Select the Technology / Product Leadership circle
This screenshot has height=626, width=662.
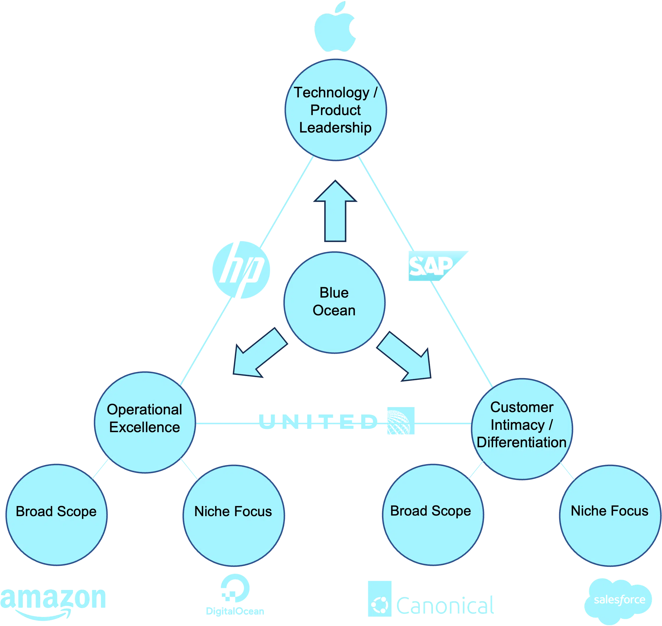click(x=336, y=110)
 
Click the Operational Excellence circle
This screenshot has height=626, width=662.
click(x=144, y=422)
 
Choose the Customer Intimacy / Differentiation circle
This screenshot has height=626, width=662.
click(x=522, y=429)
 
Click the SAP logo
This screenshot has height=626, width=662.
click(x=434, y=266)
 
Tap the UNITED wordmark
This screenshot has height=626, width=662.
click(x=319, y=422)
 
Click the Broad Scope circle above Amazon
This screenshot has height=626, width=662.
click(x=56, y=515)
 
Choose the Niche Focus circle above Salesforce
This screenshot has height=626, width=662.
click(x=610, y=515)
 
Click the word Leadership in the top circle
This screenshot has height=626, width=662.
click(x=335, y=128)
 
